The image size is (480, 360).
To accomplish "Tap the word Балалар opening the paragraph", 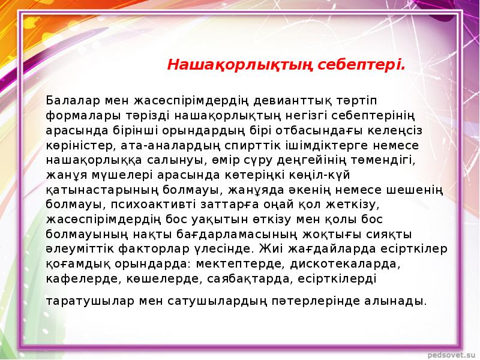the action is coord(73,100).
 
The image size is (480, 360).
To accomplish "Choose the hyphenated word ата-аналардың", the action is coord(170,146).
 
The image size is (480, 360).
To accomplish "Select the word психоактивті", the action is coord(153,205).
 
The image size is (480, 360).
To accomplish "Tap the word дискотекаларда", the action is coord(346,264).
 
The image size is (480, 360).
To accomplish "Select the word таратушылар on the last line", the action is coord(90,301).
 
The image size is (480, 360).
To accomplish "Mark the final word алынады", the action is coord(395,301).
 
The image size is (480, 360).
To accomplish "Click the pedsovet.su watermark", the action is coord(452,355).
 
